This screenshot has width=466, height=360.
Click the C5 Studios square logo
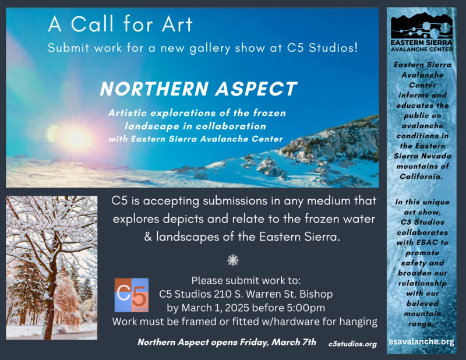click(132, 295)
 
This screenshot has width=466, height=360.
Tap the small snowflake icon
click(233, 260)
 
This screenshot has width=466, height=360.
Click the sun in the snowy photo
click(76, 137)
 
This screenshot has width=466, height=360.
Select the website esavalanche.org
click(421, 341)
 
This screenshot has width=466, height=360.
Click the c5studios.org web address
click(352, 344)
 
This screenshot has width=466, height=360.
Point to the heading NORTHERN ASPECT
click(199, 89)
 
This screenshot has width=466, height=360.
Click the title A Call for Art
click(121, 24)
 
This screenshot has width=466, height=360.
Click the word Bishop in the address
click(316, 294)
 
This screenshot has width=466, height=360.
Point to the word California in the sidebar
click(421, 177)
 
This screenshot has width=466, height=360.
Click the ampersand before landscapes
click(148, 237)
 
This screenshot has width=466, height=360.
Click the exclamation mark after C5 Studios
click(356, 48)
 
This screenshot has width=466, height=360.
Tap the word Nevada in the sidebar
click(438, 156)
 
